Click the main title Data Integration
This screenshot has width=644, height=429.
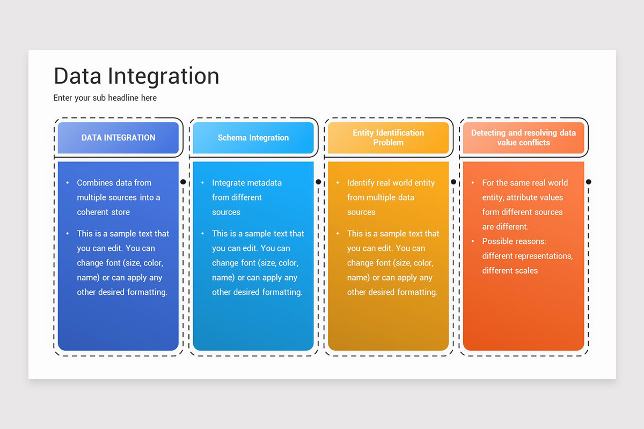click(136, 76)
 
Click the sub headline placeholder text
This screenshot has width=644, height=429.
click(105, 98)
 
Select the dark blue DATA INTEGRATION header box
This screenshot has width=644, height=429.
click(118, 138)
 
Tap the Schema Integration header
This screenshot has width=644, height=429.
click(253, 138)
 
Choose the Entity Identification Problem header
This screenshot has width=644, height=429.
click(388, 138)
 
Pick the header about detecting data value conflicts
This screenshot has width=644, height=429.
click(523, 138)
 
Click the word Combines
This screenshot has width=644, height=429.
click(94, 183)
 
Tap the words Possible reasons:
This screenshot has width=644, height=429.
click(514, 241)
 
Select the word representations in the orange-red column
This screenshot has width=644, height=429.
click(546, 256)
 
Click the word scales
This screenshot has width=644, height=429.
click(526, 271)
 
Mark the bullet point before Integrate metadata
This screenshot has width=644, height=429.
click(202, 183)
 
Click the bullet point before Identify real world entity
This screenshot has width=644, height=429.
click(338, 183)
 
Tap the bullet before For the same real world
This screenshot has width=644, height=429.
click(473, 183)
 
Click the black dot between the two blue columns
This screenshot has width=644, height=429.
click(183, 182)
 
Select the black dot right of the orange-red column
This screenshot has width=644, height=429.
click(589, 182)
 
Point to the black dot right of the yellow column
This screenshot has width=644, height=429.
click(453, 182)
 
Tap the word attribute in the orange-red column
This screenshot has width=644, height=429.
click(524, 197)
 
